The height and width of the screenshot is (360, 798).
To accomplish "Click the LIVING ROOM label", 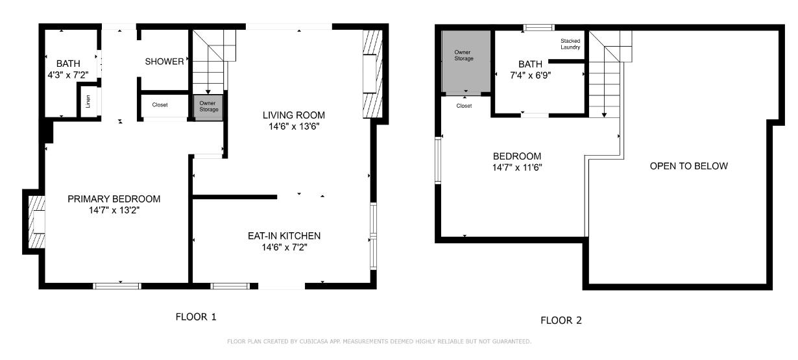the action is (293, 115).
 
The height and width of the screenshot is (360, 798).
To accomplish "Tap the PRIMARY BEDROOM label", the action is (114, 198).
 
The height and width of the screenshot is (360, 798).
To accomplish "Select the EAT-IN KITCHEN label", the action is (284, 235).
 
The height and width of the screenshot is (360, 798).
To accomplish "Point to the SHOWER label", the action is (164, 62).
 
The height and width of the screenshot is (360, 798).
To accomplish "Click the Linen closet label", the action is (88, 101).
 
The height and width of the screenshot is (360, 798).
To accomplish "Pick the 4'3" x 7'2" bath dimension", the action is (68, 75).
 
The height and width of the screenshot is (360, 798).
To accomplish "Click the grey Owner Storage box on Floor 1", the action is (208, 108).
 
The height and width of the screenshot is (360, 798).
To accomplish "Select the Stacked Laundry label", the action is (570, 44).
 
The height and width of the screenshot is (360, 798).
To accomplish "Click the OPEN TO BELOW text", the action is (688, 166).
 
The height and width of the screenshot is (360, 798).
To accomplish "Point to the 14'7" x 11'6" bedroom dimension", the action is (517, 167).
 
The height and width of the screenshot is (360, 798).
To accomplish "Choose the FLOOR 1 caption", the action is (196, 317).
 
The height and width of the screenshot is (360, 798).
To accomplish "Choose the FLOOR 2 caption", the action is (561, 320).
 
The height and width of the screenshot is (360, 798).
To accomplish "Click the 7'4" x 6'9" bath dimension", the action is (531, 75).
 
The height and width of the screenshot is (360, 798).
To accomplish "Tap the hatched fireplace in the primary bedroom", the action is (37, 222).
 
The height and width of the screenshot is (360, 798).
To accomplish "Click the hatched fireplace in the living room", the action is (372, 74).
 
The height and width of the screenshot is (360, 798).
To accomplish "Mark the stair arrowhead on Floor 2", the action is (604, 115).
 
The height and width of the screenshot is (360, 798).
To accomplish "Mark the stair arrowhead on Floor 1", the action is (208, 92).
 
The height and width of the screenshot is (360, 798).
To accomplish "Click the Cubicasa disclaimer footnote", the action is (379, 341).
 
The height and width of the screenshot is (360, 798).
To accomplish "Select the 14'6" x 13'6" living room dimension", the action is (294, 126).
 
